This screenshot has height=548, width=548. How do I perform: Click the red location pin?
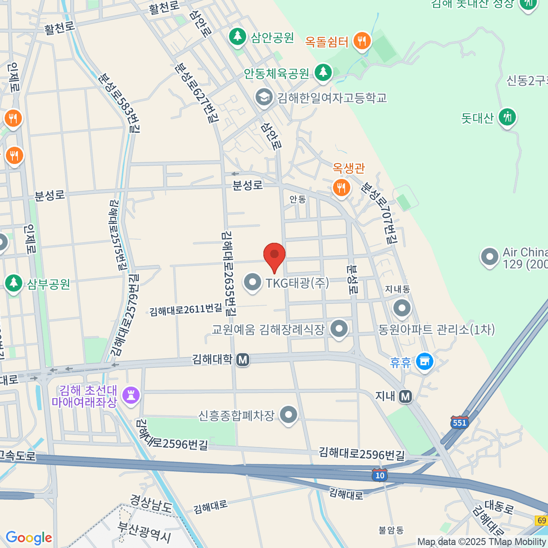click(274, 255)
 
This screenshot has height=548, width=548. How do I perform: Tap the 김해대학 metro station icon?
click(242, 360)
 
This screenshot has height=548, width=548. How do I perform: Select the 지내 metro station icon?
click(406, 396)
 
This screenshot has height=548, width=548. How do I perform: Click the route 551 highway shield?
click(459, 422)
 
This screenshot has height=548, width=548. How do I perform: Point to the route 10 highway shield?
click(379, 475)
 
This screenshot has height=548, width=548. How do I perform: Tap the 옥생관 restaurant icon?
click(341, 187)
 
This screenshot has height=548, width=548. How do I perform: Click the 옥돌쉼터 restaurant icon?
click(362, 41)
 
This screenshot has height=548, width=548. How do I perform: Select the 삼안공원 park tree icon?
click(237, 36)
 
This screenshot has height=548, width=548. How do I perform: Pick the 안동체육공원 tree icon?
click(323, 72)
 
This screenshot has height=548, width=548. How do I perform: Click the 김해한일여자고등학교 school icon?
click(263, 97)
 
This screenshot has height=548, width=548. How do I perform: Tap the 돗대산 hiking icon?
click(507, 117)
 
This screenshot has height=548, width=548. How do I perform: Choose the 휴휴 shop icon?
click(425, 362)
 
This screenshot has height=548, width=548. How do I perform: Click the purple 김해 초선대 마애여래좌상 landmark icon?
click(131, 395)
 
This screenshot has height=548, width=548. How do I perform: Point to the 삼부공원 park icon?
click(14, 283)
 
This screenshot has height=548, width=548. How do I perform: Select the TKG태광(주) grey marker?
click(252, 282)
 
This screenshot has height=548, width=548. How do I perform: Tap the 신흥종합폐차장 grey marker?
click(288, 415)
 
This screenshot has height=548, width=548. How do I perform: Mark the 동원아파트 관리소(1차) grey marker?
click(402, 308)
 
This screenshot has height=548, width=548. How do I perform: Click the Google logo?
click(29, 538)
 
